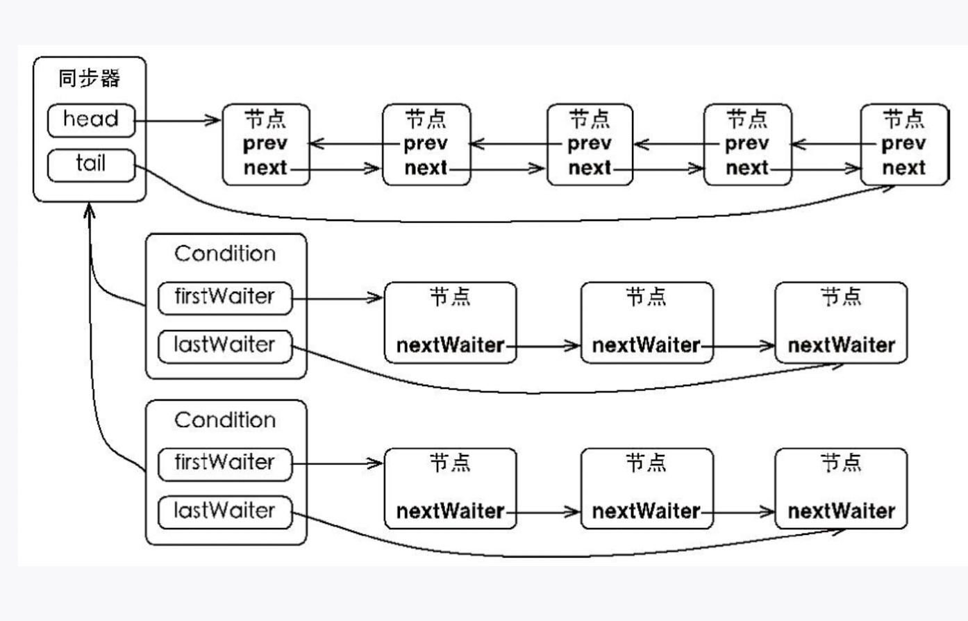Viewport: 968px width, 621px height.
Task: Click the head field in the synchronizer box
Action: pyautogui.click(x=91, y=119)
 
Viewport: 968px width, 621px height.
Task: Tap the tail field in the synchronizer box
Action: pyautogui.click(x=91, y=164)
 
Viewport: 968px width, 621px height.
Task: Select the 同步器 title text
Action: pyautogui.click(x=90, y=78)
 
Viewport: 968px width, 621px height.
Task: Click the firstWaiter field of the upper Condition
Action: pyautogui.click(x=225, y=297)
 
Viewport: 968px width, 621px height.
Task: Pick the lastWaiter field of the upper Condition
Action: pyautogui.click(x=225, y=345)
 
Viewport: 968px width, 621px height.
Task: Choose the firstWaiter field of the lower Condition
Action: pyautogui.click(x=225, y=463)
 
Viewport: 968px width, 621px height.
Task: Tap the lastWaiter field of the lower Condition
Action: pyautogui.click(x=225, y=511)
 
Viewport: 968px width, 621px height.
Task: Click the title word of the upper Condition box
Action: pyautogui.click(x=225, y=254)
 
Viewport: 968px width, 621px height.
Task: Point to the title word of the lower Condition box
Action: pyautogui.click(x=225, y=420)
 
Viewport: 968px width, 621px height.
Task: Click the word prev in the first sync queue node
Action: pyautogui.click(x=265, y=144)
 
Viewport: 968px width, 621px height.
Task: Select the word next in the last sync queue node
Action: pyautogui.click(x=904, y=168)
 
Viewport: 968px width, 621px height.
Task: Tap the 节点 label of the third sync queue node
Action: pyautogui.click(x=590, y=119)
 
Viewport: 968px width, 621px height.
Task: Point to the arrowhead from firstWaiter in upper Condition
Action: pyautogui.click(x=376, y=298)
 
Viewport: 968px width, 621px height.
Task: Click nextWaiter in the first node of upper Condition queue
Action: pyautogui.click(x=450, y=345)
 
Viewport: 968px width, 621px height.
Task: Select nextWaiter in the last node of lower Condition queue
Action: pyautogui.click(x=842, y=511)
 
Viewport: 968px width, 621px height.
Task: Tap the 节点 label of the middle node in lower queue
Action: pyautogui.click(x=646, y=462)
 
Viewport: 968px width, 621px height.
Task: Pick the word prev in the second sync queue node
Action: pyautogui.click(x=426, y=144)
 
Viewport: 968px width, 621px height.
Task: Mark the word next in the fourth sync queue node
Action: pyautogui.click(x=748, y=168)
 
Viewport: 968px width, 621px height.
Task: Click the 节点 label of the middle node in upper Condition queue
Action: pyautogui.click(x=646, y=297)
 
